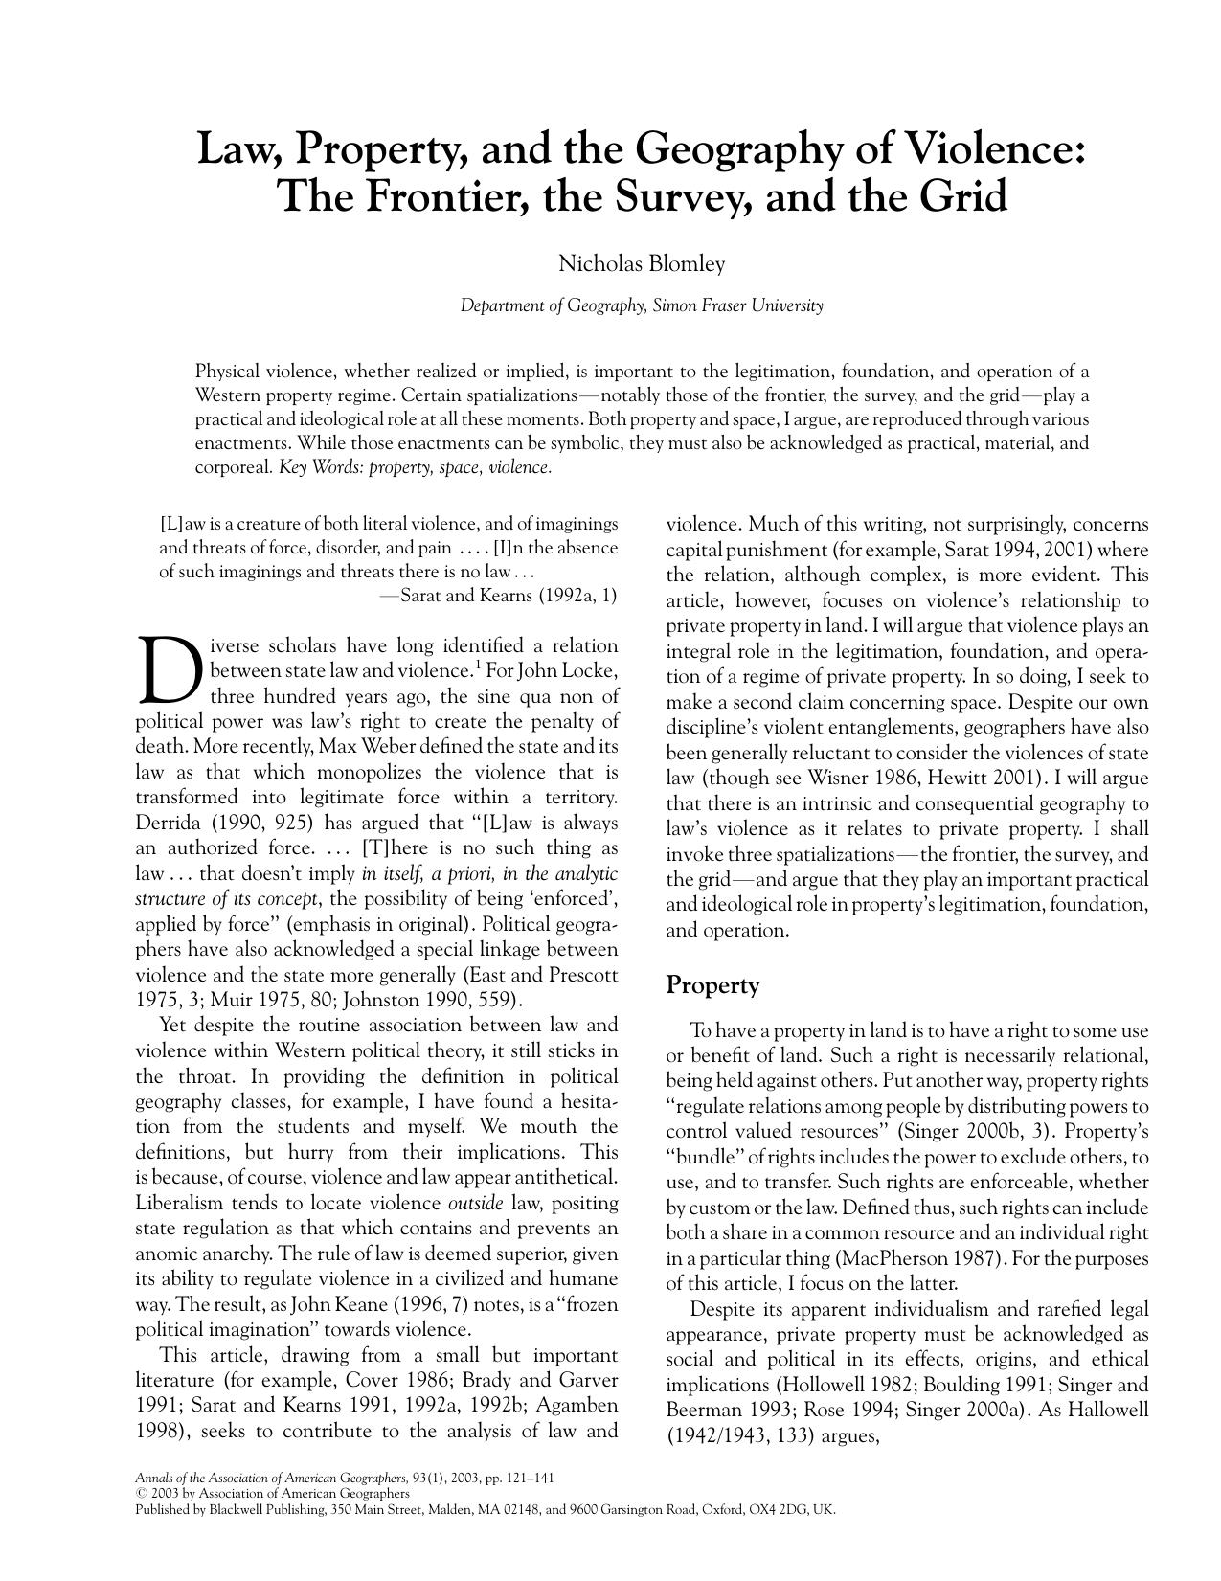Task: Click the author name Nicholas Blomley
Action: (641, 263)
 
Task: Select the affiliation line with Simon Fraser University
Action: (641, 306)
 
